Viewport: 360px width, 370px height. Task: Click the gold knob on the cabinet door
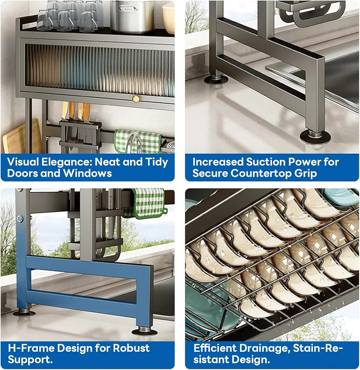tap(136, 99)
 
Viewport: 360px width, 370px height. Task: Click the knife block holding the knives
tap(80, 135)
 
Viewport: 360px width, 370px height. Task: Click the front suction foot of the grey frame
tap(315, 137)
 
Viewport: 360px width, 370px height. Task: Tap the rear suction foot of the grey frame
tap(215, 79)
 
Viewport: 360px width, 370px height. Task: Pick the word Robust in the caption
tap(130, 348)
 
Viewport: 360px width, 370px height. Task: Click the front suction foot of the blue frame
tap(144, 331)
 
